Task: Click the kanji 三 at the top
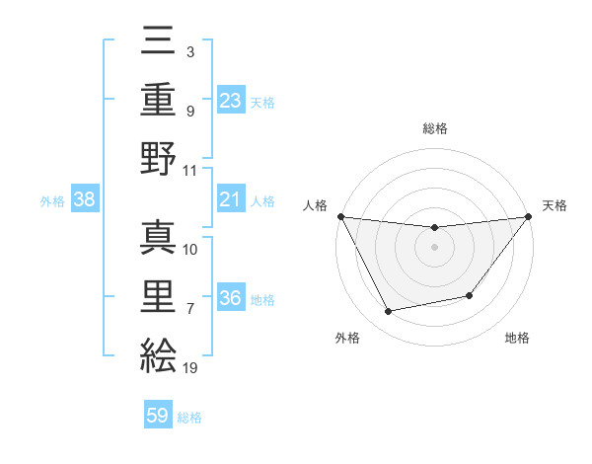pos(158,42)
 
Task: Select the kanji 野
pos(158,158)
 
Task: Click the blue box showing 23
pos(231,100)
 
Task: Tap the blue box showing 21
pos(231,200)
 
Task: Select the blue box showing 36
pos(231,298)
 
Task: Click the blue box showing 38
pos(85,200)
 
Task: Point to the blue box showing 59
pos(158,417)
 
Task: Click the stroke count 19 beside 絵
pos(190,368)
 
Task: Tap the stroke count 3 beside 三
pos(190,50)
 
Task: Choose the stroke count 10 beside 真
pos(191,249)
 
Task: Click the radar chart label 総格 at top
pos(434,128)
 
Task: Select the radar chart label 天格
pos(555,205)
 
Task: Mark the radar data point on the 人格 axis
pos(340,216)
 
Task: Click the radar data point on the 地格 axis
pos(471,296)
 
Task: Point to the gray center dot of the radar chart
pos(434,247)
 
